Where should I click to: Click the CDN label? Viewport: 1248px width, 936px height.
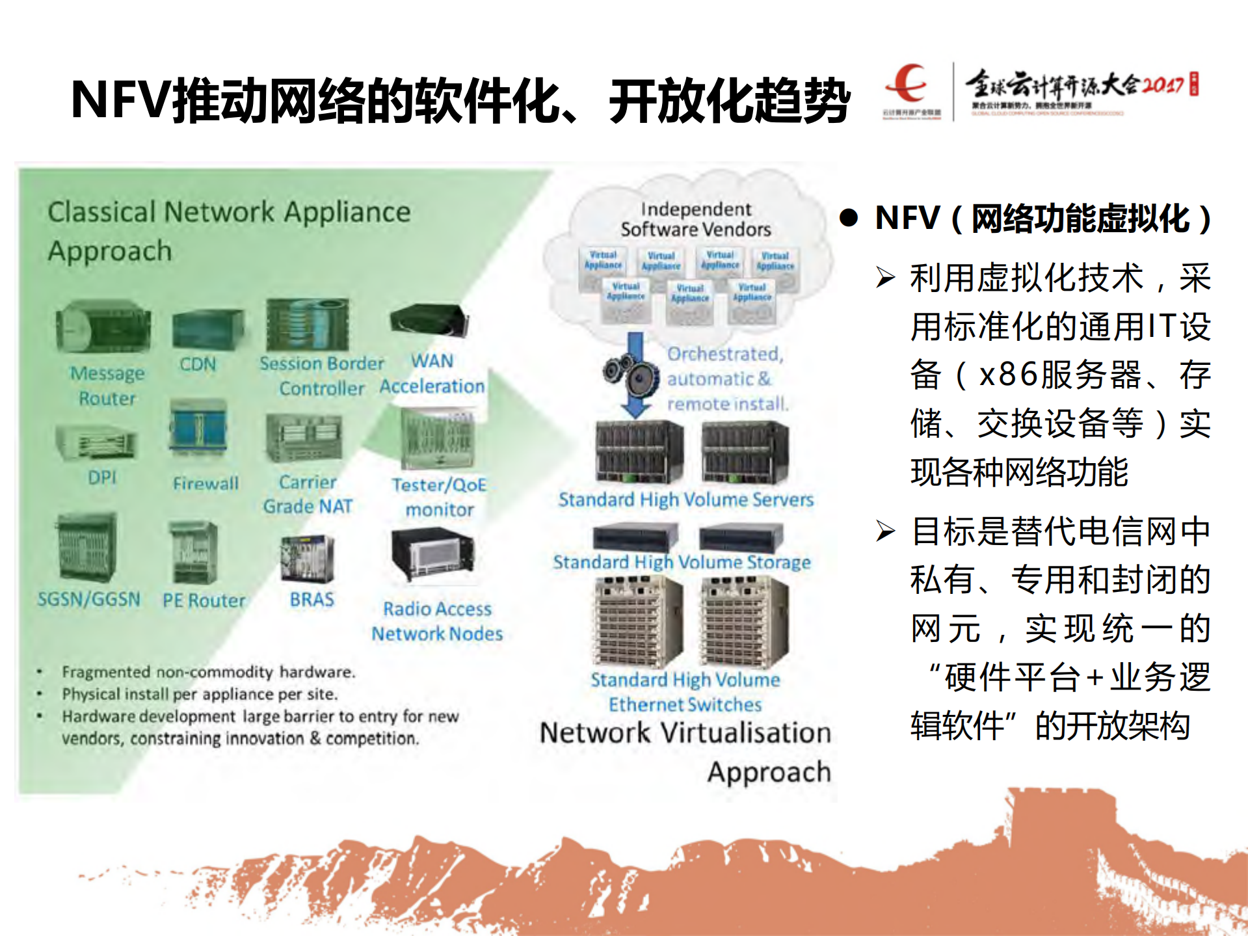click(198, 364)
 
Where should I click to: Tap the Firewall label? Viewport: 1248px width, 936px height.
click(206, 483)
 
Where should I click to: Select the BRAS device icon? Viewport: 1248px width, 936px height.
click(308, 559)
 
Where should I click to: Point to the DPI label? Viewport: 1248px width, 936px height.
click(102, 477)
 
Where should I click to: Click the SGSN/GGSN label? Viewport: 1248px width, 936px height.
click(89, 599)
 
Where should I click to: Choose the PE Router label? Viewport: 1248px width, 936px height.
click(204, 600)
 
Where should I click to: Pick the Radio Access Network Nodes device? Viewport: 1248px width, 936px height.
click(433, 555)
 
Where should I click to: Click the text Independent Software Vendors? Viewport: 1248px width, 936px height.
click(695, 219)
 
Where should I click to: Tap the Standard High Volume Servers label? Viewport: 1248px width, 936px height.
click(685, 500)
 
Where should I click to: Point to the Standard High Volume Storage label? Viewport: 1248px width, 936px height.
click(682, 562)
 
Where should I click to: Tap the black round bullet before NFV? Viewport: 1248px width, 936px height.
click(849, 218)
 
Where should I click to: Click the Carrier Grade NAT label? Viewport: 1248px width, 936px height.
click(308, 494)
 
